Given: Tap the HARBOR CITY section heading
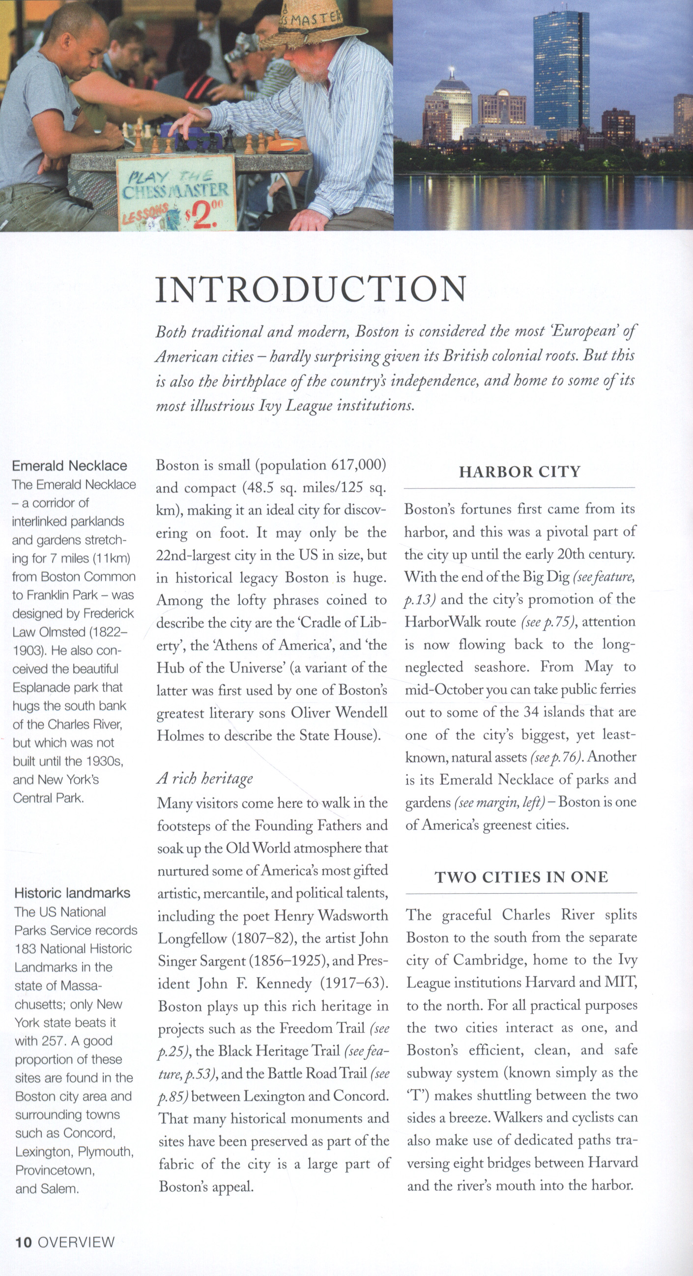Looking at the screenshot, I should [x=519, y=472].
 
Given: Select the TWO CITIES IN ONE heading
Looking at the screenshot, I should [x=521, y=877].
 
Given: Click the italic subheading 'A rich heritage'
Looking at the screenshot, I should [x=204, y=778].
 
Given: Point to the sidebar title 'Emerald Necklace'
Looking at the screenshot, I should [x=69, y=466].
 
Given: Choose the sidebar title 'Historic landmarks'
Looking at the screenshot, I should [x=72, y=893].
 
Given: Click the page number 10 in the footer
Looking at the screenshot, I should [x=23, y=1242].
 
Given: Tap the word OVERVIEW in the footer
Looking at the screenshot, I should [x=76, y=1242].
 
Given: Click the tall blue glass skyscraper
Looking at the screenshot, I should [x=561, y=74].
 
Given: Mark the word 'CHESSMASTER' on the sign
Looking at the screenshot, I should [x=175, y=190].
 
